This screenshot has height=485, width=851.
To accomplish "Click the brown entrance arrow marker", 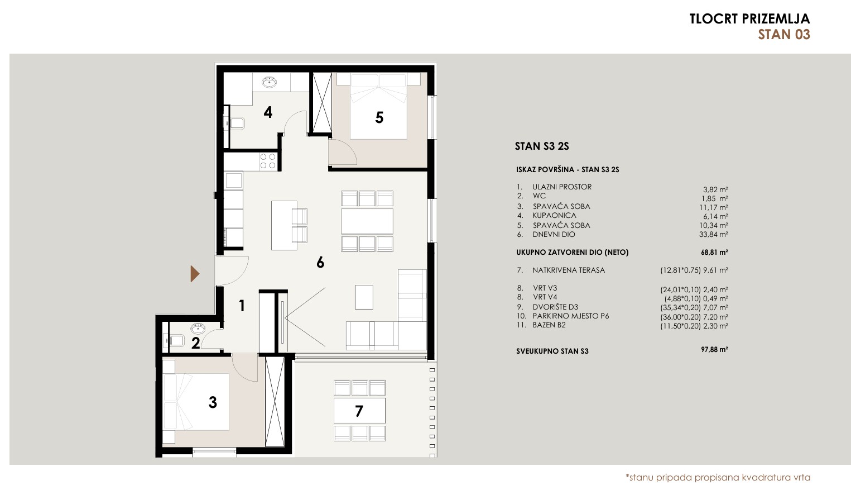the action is pyautogui.click(x=195, y=273).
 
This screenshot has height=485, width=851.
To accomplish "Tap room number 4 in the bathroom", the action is pyautogui.click(x=268, y=112).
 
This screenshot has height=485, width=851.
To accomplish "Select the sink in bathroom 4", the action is pyautogui.click(x=270, y=82).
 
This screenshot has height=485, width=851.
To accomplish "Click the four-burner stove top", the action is pyautogui.click(x=267, y=161).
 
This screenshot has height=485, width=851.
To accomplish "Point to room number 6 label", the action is pyautogui.click(x=320, y=262).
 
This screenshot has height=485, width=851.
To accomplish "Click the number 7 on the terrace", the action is pyautogui.click(x=359, y=411).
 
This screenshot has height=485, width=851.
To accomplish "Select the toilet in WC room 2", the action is pyautogui.click(x=174, y=340).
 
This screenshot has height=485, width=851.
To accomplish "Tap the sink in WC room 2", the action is pyautogui.click(x=198, y=327).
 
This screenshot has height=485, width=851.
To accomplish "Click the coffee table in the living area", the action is pyautogui.click(x=364, y=297).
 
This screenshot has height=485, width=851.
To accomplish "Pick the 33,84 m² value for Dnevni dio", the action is pyautogui.click(x=713, y=235).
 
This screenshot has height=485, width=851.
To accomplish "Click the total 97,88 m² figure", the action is pyautogui.click(x=714, y=349).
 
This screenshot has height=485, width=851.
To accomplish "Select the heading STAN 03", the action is pyautogui.click(x=784, y=35).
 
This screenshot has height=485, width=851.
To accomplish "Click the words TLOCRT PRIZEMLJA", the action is pyautogui.click(x=749, y=18).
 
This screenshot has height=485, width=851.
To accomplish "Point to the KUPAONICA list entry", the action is pyautogui.click(x=554, y=215).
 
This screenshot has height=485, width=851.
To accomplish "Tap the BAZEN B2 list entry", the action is pyautogui.click(x=549, y=325).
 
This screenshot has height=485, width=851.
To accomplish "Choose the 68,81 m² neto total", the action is pyautogui.click(x=714, y=252).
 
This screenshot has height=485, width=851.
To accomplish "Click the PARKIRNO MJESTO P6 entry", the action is pyautogui.click(x=571, y=316).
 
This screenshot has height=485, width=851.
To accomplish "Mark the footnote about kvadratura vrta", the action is pyautogui.click(x=718, y=477).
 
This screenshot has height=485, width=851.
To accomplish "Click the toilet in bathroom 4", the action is pyautogui.click(x=236, y=123).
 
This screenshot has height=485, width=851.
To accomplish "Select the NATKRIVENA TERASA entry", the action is pyautogui.click(x=568, y=270).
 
